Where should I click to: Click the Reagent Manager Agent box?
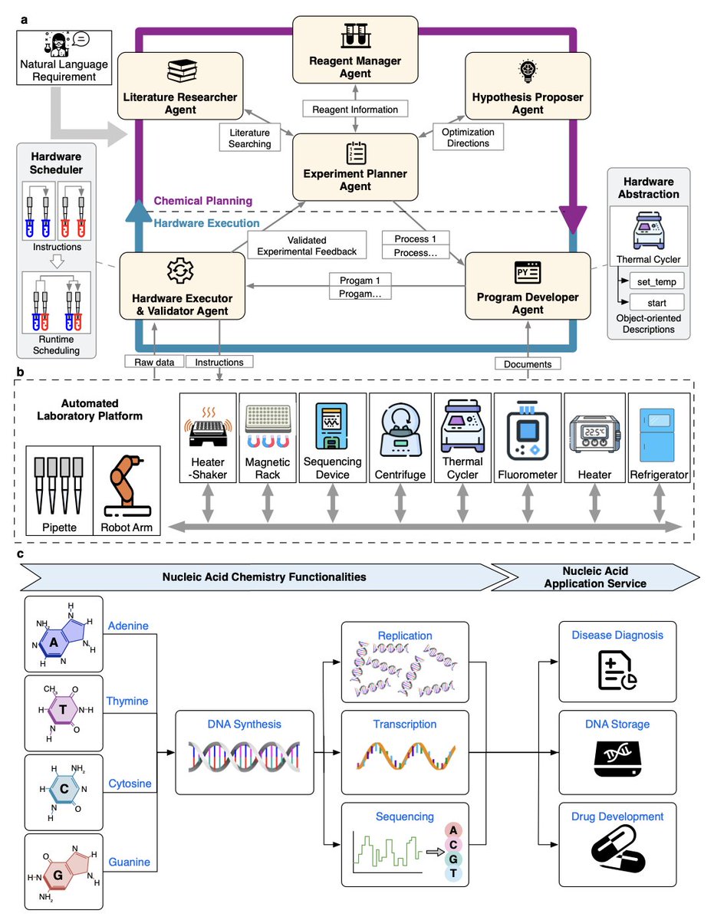(355, 50)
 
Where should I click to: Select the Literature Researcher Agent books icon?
(182, 71)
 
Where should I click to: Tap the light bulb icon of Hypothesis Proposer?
(528, 71)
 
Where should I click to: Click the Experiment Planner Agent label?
(355, 180)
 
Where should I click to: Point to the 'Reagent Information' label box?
(355, 109)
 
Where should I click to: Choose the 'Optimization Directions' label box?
(468, 137)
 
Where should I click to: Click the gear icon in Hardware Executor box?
(180, 270)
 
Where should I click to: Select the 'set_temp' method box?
(656, 281)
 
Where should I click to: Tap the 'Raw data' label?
(154, 362)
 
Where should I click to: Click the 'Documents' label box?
(527, 363)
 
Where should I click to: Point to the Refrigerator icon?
(656, 435)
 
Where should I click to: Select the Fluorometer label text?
(527, 475)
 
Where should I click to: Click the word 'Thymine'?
(127, 701)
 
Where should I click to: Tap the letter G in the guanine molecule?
(58, 875)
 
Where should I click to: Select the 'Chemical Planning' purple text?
(203, 201)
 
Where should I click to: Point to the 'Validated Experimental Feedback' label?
(307, 245)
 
